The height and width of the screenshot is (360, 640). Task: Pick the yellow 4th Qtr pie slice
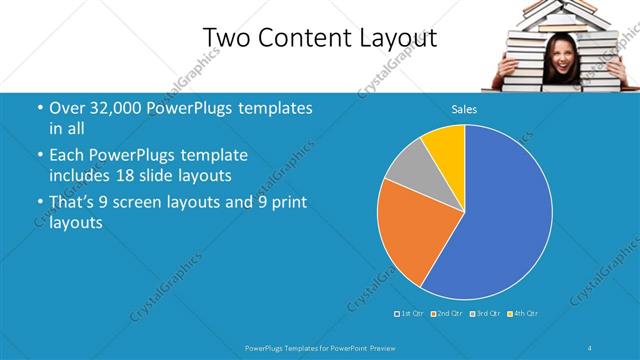pos(446,146)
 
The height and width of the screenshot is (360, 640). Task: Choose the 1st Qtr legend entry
pos(410,314)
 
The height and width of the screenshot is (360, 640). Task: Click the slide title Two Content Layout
pos(320,38)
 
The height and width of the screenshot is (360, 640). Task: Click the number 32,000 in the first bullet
pos(117,108)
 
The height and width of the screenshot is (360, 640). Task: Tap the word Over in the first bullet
pos(65,108)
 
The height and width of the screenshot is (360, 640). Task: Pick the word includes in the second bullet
pos(81,176)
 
